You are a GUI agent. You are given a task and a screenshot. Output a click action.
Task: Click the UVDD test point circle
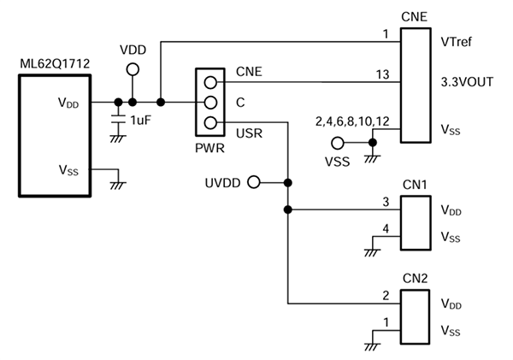[252, 182]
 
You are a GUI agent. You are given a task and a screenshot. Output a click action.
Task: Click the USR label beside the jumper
[249, 132]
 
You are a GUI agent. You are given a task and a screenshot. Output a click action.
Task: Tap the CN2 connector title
[415, 278]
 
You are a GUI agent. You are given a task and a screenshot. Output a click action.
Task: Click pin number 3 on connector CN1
[386, 201]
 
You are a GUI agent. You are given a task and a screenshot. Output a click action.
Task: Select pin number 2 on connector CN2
[386, 295]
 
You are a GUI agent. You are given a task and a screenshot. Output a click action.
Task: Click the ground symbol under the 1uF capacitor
[118, 137]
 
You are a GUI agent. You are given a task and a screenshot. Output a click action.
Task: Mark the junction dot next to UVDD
[288, 182]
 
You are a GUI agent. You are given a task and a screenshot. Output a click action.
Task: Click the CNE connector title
[415, 17]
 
